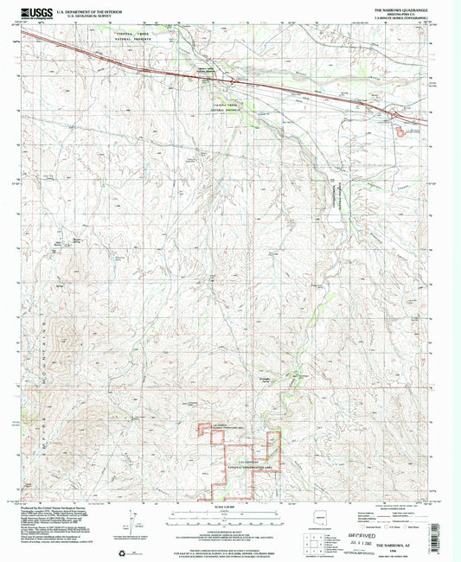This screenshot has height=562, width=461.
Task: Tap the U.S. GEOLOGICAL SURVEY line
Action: point(85,16)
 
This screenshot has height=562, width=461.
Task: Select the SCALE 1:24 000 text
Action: point(229,508)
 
